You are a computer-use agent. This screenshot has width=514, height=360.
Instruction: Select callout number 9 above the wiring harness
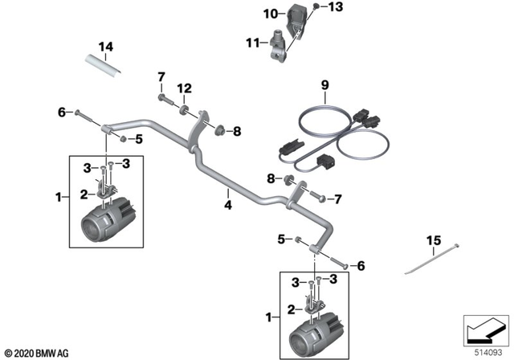pyautogui.click(x=324, y=84)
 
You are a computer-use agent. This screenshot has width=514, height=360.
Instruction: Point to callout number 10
pyautogui.click(x=271, y=13)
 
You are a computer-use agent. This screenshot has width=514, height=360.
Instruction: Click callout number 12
pyautogui.click(x=185, y=88)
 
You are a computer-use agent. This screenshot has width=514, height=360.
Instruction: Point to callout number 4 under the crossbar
pyautogui.click(x=227, y=205)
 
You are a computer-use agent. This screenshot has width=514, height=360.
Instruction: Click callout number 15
pyautogui.click(x=434, y=240)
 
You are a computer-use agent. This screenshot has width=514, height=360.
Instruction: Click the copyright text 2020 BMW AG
pyautogui.click(x=37, y=354)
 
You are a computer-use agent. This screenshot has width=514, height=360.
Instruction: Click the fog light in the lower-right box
pyautogui.click(x=317, y=331)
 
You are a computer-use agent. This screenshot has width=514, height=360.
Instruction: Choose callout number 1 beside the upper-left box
pyautogui.click(x=56, y=197)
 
